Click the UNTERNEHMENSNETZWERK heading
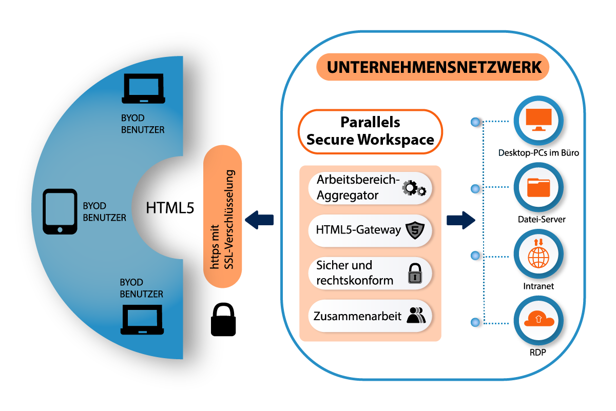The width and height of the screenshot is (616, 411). pyautogui.click(x=433, y=68)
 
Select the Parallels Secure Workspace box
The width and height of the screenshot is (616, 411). pyautogui.click(x=370, y=131)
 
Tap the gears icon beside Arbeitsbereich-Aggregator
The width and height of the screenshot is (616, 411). pyautogui.click(x=414, y=189)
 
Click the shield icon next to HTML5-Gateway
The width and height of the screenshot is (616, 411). pyautogui.click(x=413, y=230)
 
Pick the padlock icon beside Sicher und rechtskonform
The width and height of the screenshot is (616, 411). pyautogui.click(x=414, y=273)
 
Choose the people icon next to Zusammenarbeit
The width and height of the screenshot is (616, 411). pyautogui.click(x=416, y=315)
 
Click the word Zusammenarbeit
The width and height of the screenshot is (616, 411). pyautogui.click(x=357, y=316)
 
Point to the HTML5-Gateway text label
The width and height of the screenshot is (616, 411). pyautogui.click(x=358, y=230)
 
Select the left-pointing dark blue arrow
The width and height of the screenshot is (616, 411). pyautogui.click(x=259, y=220)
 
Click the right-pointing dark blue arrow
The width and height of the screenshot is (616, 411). pyautogui.click(x=460, y=220)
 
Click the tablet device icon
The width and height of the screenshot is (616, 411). pyautogui.click(x=60, y=212)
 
